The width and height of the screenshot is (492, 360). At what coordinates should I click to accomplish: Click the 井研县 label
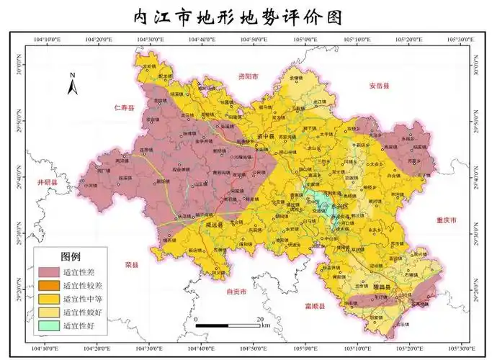[x=47, y=183]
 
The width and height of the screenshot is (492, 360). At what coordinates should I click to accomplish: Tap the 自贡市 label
[x=236, y=292]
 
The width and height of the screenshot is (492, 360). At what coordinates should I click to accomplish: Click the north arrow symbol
[x=72, y=84]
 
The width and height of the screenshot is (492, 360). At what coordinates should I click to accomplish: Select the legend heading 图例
[x=71, y=256]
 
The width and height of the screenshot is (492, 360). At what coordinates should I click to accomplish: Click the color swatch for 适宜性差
[x=48, y=272]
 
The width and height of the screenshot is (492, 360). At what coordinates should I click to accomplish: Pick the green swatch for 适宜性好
[x=48, y=325]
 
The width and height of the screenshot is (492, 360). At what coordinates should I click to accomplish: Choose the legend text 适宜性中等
[x=84, y=299]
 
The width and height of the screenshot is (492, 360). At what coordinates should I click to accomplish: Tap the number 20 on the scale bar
[x=261, y=318]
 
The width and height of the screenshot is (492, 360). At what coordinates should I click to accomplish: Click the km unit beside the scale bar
[x=266, y=326]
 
